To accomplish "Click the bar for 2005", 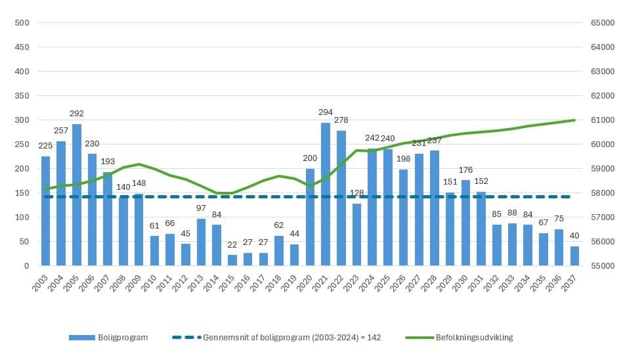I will tap(77, 195).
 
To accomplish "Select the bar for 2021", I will tap(326, 194).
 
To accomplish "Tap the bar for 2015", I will tap(232, 260).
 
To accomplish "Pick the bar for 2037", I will tap(575, 256).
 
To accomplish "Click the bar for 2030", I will tap(466, 223).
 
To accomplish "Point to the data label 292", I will tap(77, 113).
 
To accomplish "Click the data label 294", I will tap(326, 112).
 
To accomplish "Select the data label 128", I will tap(357, 193).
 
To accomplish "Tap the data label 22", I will tap(232, 244).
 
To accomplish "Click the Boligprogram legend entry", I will tap(108, 338).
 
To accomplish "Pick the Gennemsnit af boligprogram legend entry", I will tap(276, 338).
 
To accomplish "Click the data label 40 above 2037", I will tap(575, 236).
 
